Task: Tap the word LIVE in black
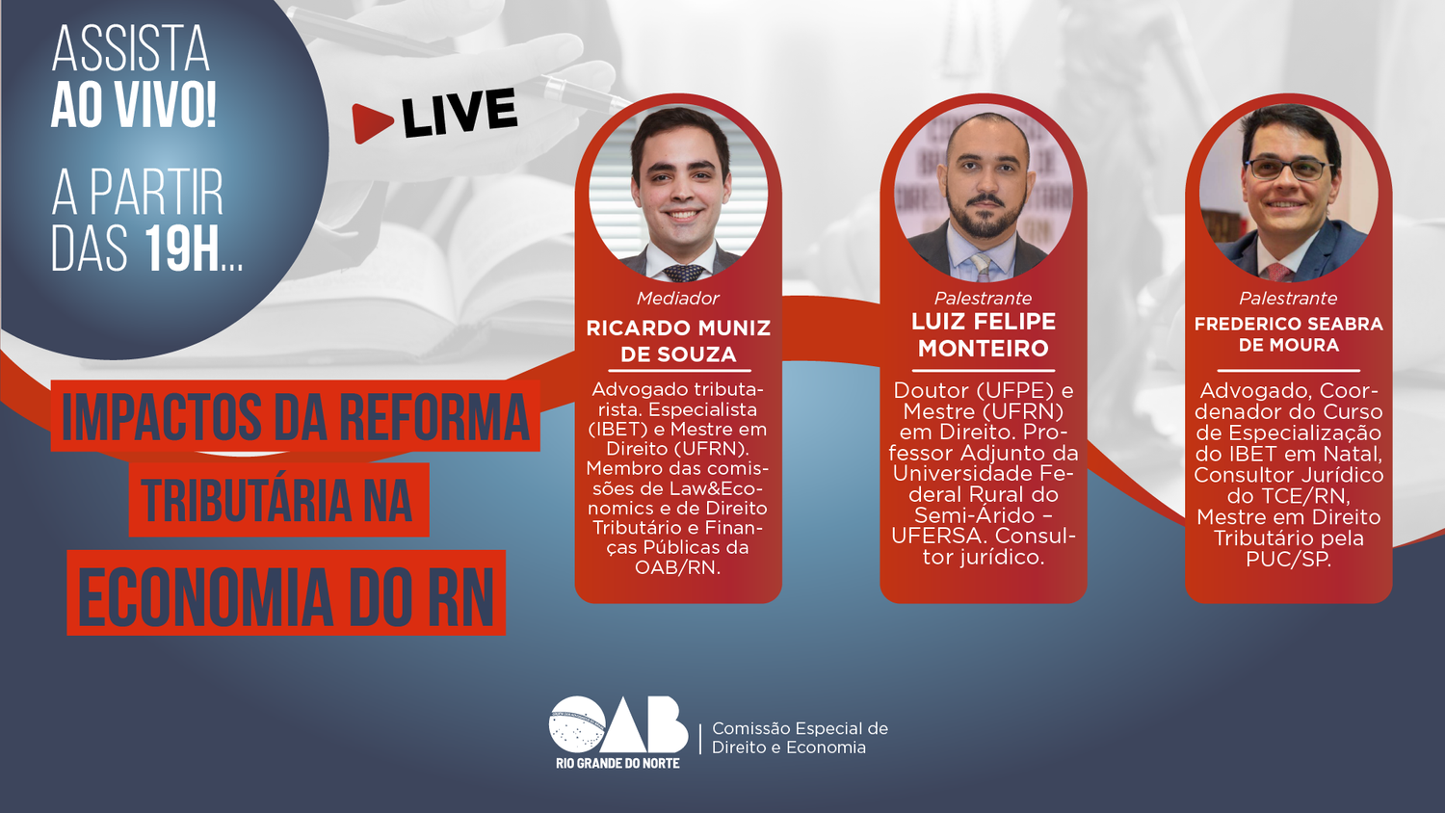460,113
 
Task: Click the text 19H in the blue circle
183,249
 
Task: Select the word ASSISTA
131,48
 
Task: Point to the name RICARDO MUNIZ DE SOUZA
678,341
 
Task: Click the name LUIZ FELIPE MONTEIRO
984,335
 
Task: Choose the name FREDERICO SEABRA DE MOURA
1288,334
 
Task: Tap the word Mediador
678,298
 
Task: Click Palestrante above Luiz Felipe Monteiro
984,298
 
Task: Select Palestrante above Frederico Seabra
1288,298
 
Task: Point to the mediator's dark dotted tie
683,273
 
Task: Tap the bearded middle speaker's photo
984,194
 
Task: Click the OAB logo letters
618,724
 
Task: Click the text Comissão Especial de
800,728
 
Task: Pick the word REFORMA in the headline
433,417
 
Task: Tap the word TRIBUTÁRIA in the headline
245,500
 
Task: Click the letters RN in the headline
460,595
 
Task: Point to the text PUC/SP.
1289,559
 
